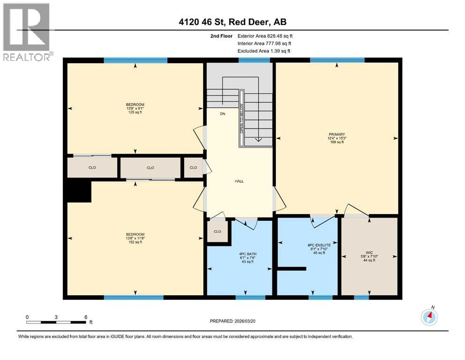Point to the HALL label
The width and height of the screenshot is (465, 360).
point(239,181)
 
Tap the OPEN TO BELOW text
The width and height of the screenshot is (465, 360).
point(242,118)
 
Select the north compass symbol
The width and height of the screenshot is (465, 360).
point(429,317)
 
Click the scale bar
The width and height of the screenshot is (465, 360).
point(56,322)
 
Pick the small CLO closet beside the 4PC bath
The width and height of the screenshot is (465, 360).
point(217,232)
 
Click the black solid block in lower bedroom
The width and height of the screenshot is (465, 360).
point(79,192)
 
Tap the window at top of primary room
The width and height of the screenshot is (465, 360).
point(337,60)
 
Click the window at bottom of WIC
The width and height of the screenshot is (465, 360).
point(361,297)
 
